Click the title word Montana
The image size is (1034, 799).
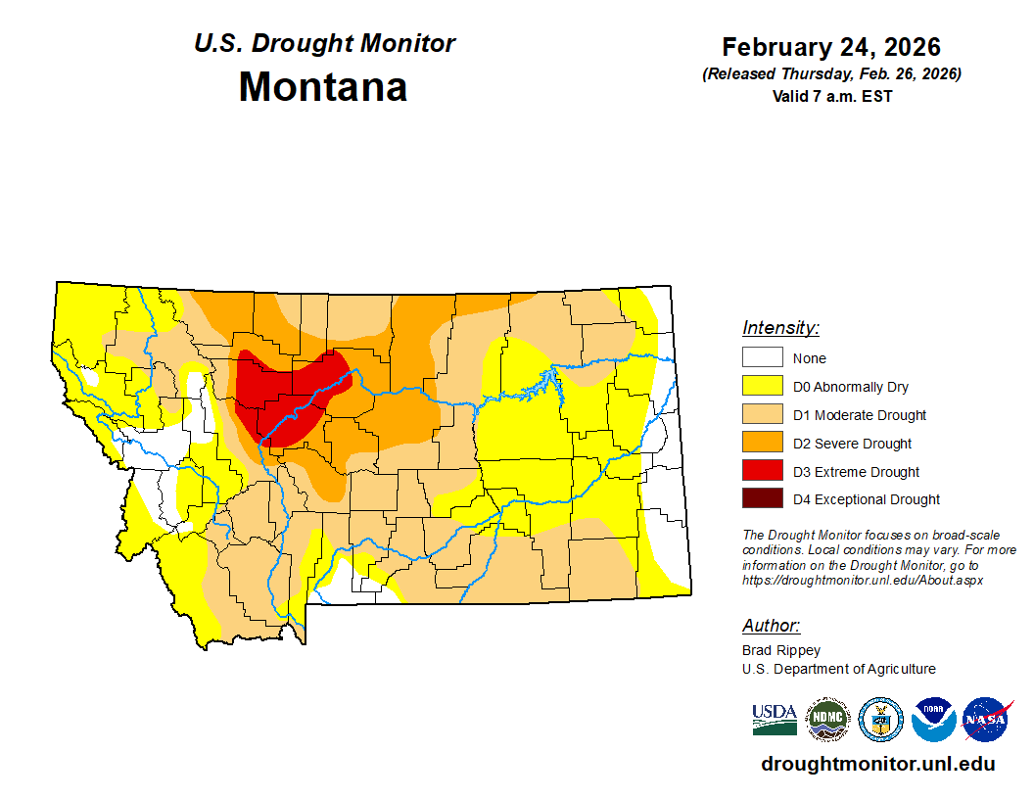click(x=323, y=87)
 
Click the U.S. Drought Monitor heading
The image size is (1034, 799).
click(x=324, y=44)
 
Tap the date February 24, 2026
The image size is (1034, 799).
click(x=831, y=47)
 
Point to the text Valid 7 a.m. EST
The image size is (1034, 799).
click(x=831, y=96)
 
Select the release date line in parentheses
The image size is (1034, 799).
click(x=831, y=74)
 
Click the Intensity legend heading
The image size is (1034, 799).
click(x=780, y=328)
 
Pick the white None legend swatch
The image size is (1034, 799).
click(x=762, y=358)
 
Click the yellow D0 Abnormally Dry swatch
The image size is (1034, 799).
click(x=762, y=387)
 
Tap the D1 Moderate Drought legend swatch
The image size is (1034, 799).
click(x=762, y=415)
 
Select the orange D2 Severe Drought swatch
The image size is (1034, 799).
click(x=762, y=444)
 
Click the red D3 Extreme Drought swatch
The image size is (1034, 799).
click(x=762, y=472)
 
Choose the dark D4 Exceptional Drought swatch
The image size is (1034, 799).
click(x=762, y=499)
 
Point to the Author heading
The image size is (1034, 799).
click(x=771, y=626)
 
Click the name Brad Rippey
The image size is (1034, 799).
click(x=781, y=650)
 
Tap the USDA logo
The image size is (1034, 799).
click(x=775, y=720)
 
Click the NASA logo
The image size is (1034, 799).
click(x=986, y=720)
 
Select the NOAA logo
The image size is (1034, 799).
click(x=933, y=720)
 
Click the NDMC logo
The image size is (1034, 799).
click(x=827, y=720)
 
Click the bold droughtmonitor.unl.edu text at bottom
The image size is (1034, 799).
click(x=877, y=765)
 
